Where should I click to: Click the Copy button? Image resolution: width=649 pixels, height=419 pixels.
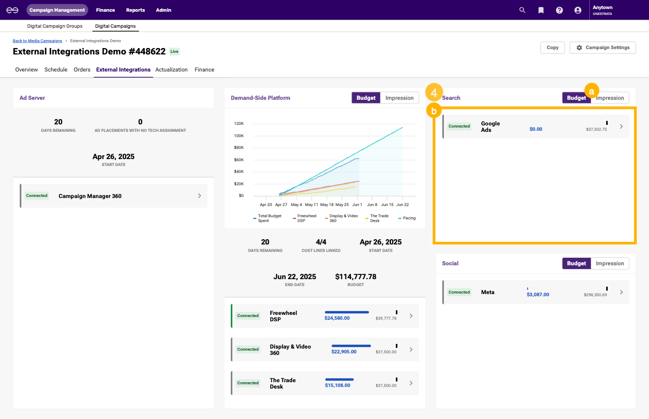tap(552, 48)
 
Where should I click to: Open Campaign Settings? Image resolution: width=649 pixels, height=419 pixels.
tap(603, 48)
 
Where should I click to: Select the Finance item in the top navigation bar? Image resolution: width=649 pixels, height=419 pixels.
tap(105, 10)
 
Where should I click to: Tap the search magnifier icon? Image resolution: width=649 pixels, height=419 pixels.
tap(522, 10)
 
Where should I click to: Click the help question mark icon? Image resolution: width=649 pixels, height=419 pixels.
tap(559, 10)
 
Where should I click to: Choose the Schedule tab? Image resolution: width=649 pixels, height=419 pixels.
tap(56, 70)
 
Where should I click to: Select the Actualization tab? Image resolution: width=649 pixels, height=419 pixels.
tap(171, 70)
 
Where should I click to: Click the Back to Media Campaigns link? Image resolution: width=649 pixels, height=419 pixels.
tap(37, 41)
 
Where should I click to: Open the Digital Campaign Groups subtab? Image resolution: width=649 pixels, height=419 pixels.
tap(54, 26)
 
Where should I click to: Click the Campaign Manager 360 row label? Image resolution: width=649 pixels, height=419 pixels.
tap(90, 196)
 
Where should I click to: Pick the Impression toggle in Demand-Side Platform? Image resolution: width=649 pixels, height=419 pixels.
tap(400, 98)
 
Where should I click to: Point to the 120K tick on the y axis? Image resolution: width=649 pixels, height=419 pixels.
tap(238, 123)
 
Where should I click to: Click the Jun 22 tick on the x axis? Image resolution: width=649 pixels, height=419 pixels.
tap(402, 204)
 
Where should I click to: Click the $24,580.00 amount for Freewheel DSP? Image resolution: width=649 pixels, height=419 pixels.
tap(337, 318)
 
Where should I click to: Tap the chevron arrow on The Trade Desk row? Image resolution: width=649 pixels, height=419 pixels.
tap(411, 383)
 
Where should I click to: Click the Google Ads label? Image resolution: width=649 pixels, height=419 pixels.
tap(490, 127)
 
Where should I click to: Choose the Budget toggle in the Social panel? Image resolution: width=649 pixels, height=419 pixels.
tap(576, 263)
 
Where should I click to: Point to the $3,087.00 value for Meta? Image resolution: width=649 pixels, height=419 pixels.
tap(538, 295)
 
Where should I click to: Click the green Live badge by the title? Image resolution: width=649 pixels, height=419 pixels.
tap(175, 52)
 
